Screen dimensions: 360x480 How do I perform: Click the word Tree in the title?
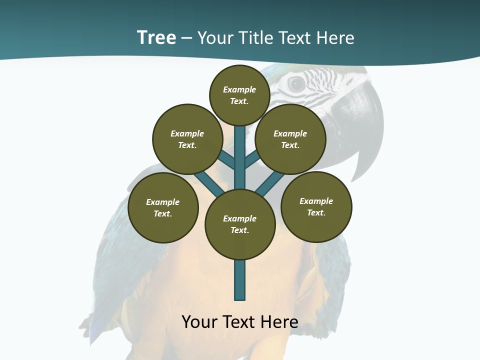[156, 38]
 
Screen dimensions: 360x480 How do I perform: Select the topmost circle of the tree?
[239, 95]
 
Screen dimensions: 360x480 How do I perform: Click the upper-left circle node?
[187, 139]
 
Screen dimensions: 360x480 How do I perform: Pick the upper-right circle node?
[290, 139]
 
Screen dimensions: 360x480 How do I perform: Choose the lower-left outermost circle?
[163, 207]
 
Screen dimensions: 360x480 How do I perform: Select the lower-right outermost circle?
[316, 206]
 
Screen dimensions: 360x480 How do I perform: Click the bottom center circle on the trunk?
[240, 224]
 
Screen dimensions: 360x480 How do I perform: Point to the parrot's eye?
[296, 84]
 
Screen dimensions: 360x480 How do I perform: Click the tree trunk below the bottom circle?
[240, 280]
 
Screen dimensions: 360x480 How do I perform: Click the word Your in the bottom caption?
[199, 322]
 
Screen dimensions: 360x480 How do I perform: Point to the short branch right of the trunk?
[252, 160]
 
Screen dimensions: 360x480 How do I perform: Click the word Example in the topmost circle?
[239, 89]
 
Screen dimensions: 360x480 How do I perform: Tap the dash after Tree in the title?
[186, 38]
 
